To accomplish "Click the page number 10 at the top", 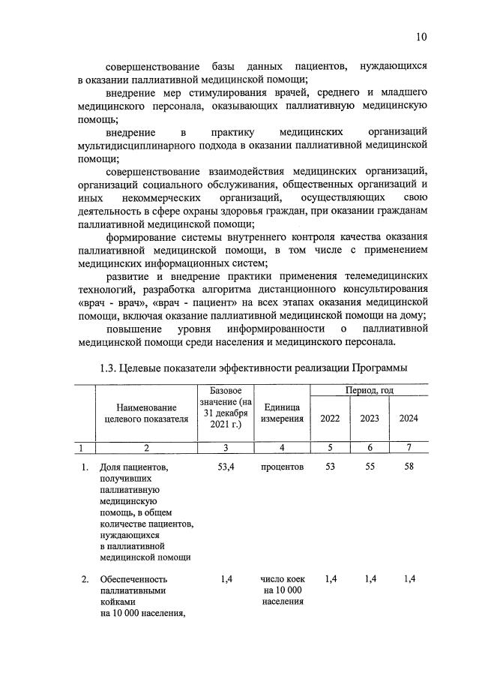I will pos(421,37).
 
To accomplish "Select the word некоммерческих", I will pos(162,198).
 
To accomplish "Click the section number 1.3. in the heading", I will pos(112,368).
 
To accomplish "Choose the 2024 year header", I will pos(409,419).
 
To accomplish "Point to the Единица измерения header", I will pos(283,413).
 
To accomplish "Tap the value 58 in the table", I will pos(409,467).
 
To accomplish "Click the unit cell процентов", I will pos(283,467).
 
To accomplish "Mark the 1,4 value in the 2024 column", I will pos(409,578).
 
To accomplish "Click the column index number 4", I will pos(283,447).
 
